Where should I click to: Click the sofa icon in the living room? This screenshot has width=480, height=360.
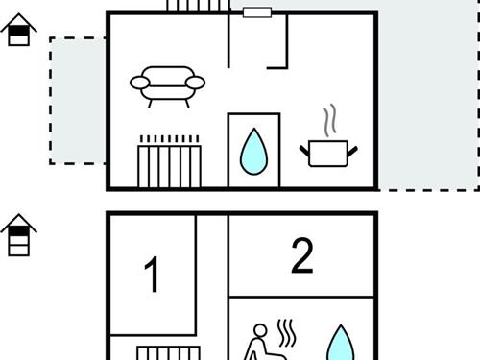pyautogui.click(x=167, y=86)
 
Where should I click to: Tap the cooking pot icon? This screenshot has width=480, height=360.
pyautogui.click(x=328, y=153)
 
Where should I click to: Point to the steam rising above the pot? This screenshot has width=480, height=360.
pyautogui.click(x=330, y=120)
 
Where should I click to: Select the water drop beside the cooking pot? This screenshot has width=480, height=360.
pyautogui.click(x=253, y=152)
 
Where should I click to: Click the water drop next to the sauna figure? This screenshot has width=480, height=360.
pyautogui.click(x=341, y=344)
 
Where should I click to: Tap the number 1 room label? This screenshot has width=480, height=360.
pyautogui.click(x=152, y=275)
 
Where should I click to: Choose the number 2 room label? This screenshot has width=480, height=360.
pyautogui.click(x=302, y=255)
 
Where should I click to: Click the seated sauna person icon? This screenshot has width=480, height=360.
pyautogui.click(x=262, y=343)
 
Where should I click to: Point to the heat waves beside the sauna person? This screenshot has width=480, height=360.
pyautogui.click(x=286, y=333)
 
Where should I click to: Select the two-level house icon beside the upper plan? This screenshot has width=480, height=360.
pyautogui.click(x=19, y=30)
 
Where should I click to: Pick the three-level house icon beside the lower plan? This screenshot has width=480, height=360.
pyautogui.click(x=19, y=234)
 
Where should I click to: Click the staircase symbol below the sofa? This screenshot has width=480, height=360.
pyautogui.click(x=169, y=161)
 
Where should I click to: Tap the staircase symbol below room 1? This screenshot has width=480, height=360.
pyautogui.click(x=169, y=353)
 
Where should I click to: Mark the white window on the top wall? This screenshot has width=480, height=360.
pyautogui.click(x=257, y=12)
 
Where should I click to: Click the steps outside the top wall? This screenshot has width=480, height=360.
pyautogui.click(x=198, y=6)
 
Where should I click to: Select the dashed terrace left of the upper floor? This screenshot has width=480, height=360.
pyautogui.click(x=78, y=101)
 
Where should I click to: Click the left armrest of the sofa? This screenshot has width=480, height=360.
pyautogui.click(x=140, y=83)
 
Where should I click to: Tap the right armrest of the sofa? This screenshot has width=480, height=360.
pyautogui.click(x=195, y=83)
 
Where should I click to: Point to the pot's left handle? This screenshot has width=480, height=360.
pyautogui.click(x=304, y=151)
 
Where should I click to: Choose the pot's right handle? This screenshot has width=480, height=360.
pyautogui.click(x=352, y=151)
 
